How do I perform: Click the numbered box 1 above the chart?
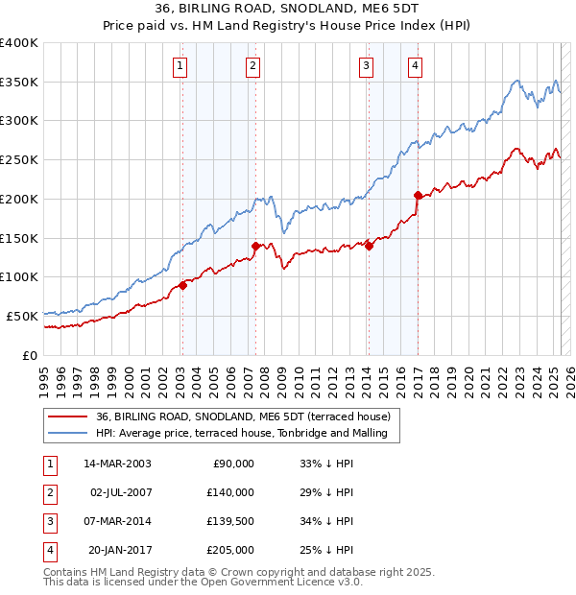[181, 66]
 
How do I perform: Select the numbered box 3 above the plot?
[367, 66]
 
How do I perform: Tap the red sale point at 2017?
[418, 195]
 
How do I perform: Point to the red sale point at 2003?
[182, 285]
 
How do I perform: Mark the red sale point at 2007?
[255, 246]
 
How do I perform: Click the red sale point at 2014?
[369, 246]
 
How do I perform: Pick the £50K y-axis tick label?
[23, 316]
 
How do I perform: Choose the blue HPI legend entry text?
[241, 434]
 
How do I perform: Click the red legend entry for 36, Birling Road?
[243, 417]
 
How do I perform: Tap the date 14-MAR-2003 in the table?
[117, 464]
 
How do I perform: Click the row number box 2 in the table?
[48, 492]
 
